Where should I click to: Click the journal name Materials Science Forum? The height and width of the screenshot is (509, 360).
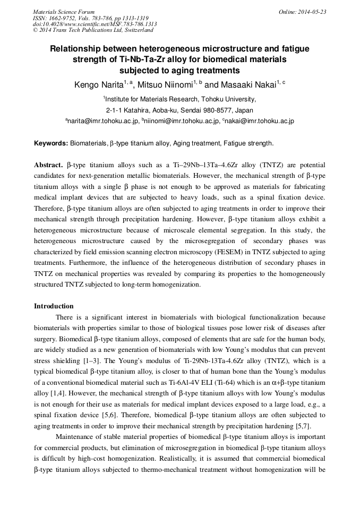point(64,12)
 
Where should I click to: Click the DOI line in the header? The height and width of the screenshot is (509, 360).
point(95,24)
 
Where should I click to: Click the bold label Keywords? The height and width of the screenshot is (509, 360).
point(51,143)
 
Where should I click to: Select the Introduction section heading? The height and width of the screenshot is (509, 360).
point(54,306)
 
